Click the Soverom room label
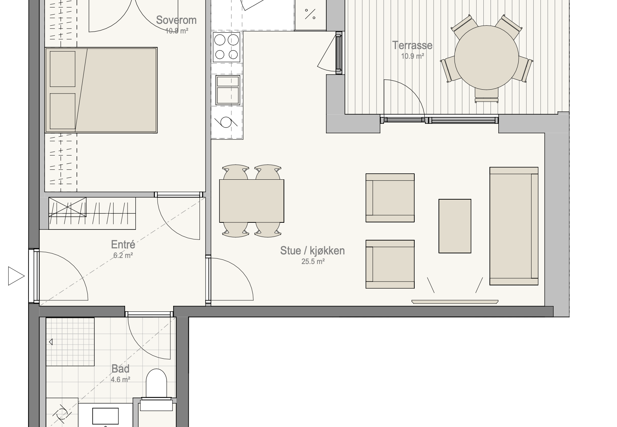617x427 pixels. pos(176,20)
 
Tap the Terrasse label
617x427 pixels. pos(412,45)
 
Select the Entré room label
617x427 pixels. pos(123,244)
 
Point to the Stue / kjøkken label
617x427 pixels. pos(312,251)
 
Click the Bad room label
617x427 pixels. pos(120,369)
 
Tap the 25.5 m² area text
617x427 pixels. pos(312,262)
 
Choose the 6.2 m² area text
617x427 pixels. pos(123,255)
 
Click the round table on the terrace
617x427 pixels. pos(486,57)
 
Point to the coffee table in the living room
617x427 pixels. pos(455,226)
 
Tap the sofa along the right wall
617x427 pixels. pos(514,226)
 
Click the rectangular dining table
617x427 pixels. pos(252,201)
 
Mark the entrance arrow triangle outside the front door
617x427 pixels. pos(16,276)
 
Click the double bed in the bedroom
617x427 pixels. pos(101,90)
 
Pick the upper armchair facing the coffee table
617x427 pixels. pos(390,198)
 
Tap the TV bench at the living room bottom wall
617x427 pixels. pos(455,302)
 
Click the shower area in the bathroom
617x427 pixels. pos(70,342)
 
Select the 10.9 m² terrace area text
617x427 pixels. pos(413,56)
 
